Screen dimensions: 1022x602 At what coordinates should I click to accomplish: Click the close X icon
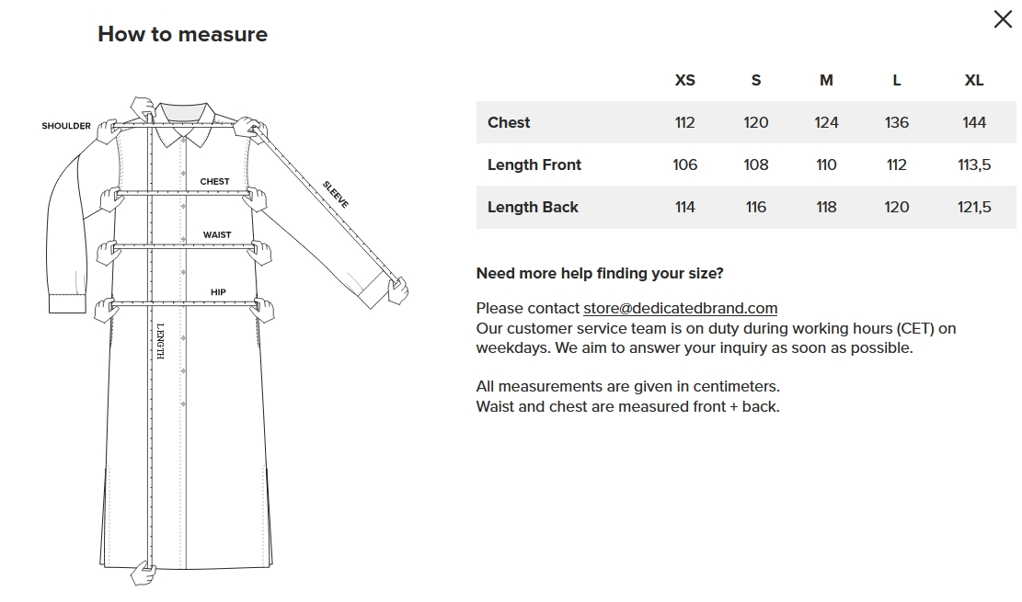click(x=1003, y=19)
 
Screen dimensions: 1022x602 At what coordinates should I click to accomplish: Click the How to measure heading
click(x=182, y=34)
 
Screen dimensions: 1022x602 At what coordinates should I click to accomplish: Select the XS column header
click(x=684, y=80)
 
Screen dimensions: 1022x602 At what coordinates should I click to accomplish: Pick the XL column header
click(x=974, y=80)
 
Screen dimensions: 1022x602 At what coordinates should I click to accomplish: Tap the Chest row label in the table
click(x=509, y=122)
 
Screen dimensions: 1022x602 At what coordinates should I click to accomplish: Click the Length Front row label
click(x=534, y=165)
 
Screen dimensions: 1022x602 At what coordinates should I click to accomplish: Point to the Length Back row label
click(x=533, y=207)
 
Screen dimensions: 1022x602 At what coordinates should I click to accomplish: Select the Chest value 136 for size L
click(x=896, y=122)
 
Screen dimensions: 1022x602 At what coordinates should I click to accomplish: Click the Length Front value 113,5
click(x=974, y=165)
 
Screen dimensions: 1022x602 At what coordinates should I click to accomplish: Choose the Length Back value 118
click(x=826, y=207)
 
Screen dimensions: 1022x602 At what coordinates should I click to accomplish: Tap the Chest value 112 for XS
click(x=684, y=122)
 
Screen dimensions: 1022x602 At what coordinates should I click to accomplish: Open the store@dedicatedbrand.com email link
click(x=680, y=308)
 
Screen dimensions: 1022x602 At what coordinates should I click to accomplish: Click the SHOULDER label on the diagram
click(x=66, y=126)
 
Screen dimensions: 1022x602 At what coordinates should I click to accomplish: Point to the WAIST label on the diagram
click(x=217, y=234)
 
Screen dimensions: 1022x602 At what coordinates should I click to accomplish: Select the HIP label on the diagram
click(x=218, y=292)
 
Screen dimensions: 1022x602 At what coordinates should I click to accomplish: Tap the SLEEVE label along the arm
click(x=336, y=194)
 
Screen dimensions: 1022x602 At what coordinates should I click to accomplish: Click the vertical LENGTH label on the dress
click(x=160, y=341)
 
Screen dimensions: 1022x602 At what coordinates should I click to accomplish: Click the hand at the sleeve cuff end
click(x=398, y=290)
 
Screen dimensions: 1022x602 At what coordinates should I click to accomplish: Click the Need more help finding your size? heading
click(x=600, y=273)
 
